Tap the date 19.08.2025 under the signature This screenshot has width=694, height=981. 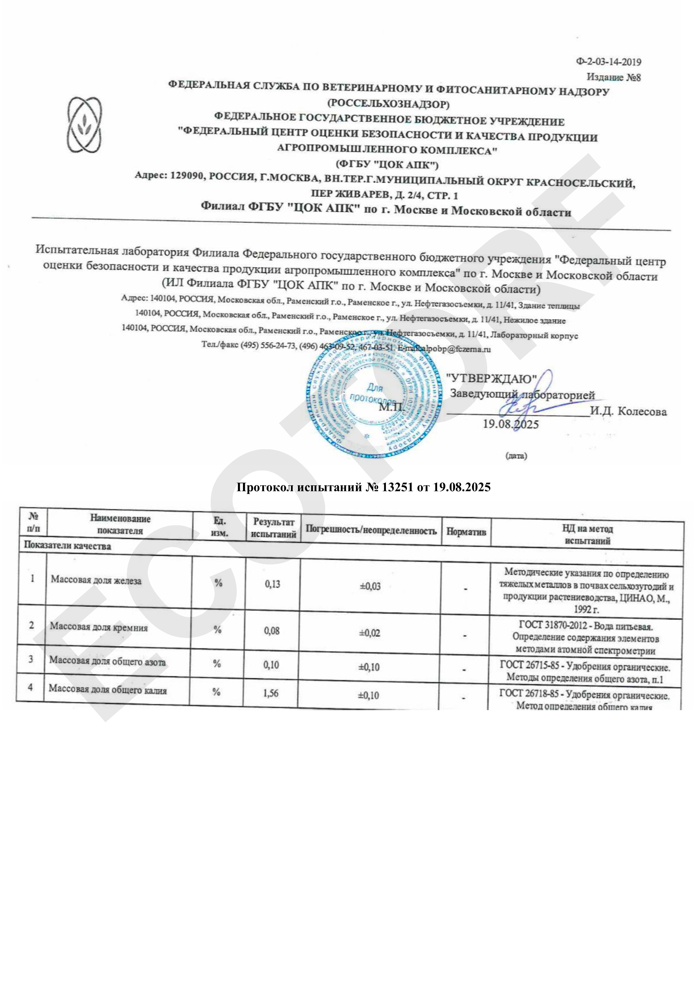pyautogui.click(x=510, y=424)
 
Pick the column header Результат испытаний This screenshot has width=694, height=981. pyautogui.click(x=274, y=528)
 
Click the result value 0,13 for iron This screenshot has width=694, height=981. pyautogui.click(x=272, y=584)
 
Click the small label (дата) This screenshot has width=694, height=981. pyautogui.click(x=516, y=456)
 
